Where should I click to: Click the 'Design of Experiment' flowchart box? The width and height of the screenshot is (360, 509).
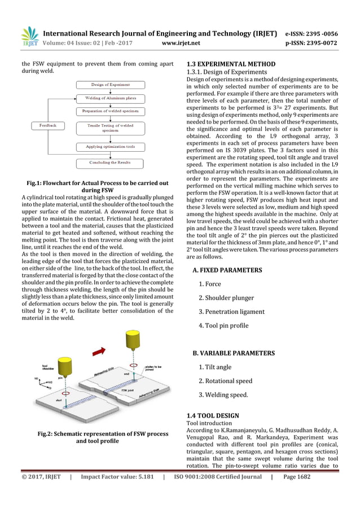pos(111,85)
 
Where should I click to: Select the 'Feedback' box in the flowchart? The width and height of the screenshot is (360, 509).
pos(47,125)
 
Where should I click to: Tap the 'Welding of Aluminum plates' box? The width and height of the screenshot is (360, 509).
pos(111,98)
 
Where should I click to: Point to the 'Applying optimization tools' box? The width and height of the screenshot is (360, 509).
pos(111,147)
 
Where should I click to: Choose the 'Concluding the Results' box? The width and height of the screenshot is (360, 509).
pos(111,163)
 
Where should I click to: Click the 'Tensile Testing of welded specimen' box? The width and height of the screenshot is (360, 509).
pos(111,128)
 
